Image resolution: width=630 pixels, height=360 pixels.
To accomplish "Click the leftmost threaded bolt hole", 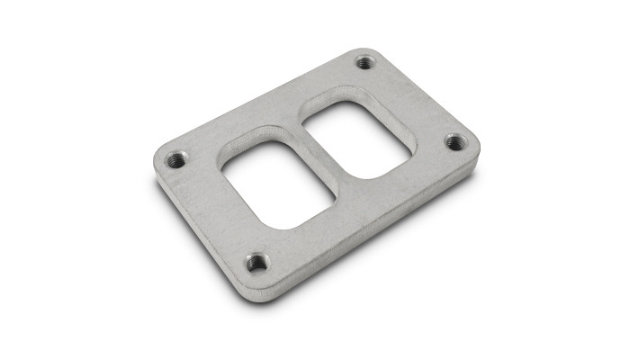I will point(176,160).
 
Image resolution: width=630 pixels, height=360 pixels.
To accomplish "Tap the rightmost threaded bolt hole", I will point(455,142).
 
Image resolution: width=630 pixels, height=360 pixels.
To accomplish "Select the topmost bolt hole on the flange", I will point(364,62).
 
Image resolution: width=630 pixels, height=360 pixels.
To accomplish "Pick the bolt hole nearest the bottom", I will point(257,263).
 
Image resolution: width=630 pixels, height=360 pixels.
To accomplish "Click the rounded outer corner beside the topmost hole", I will point(371,52).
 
